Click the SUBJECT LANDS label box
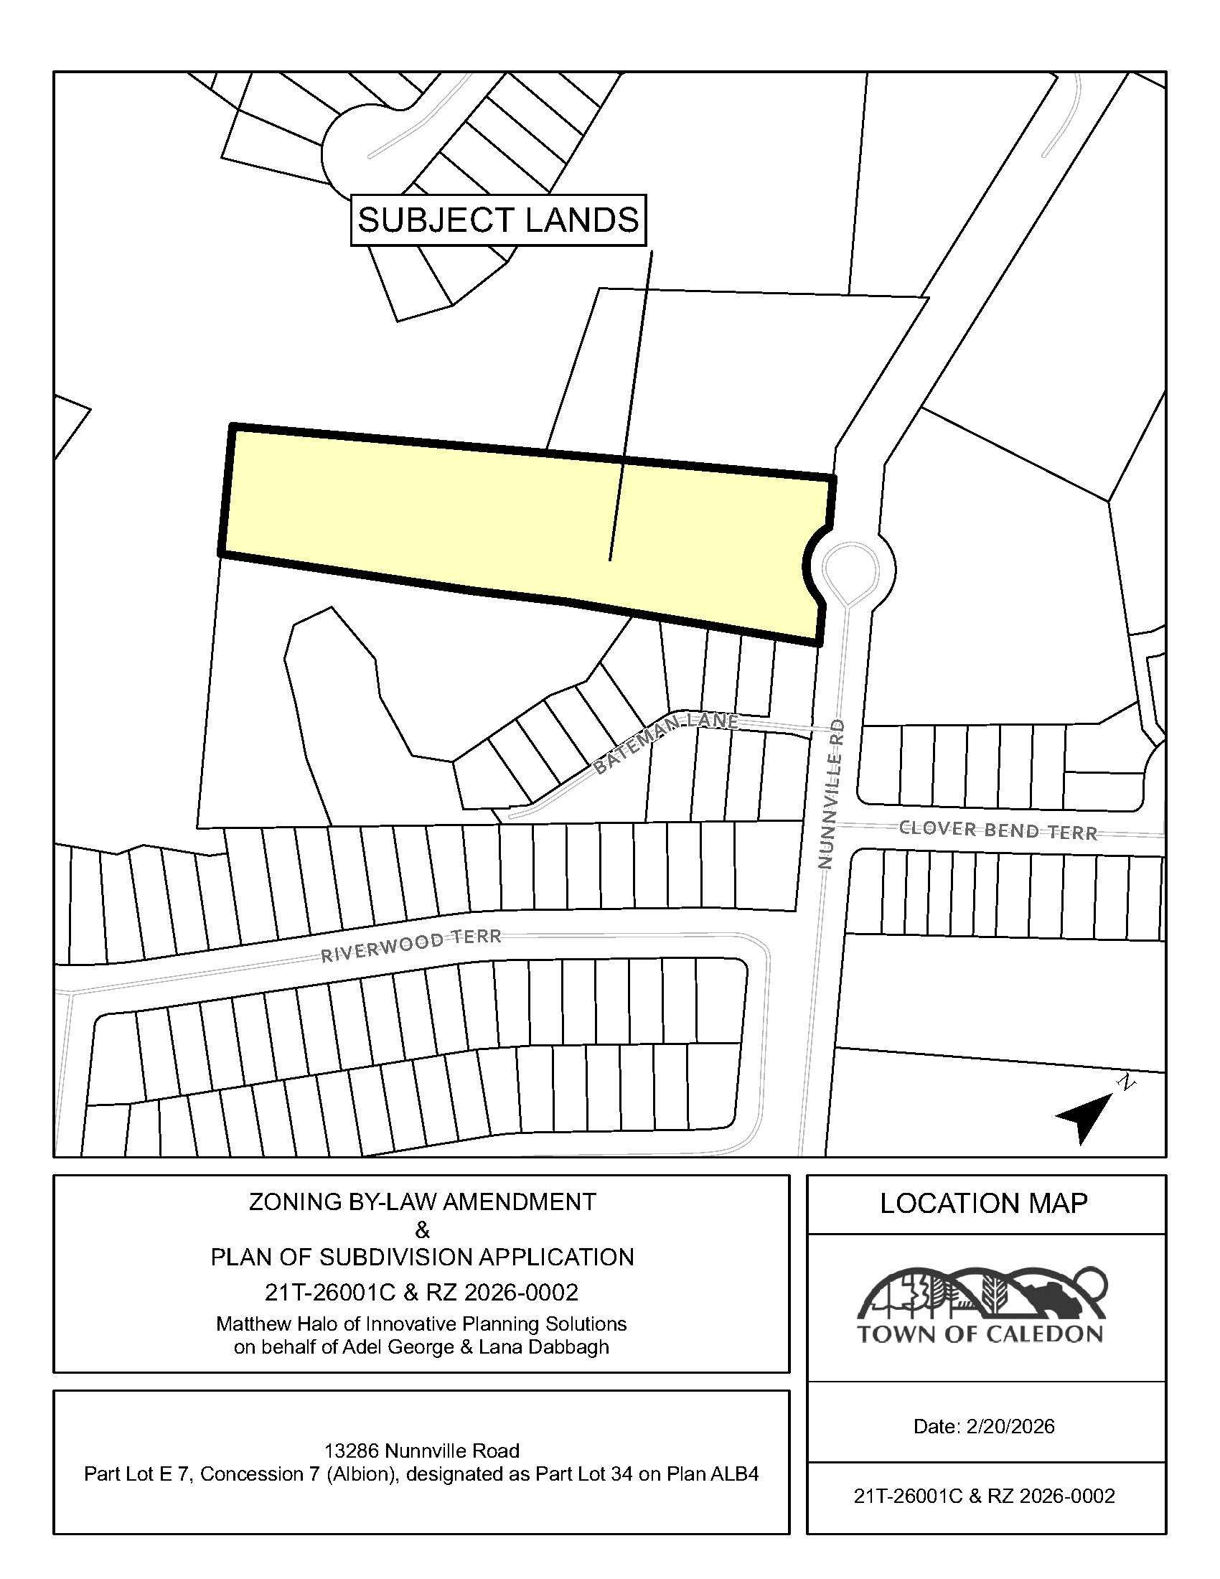tap(498, 220)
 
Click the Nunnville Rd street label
tap(832, 794)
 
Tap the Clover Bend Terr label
tap(998, 830)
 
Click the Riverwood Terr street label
tap(410, 945)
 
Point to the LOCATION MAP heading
tap(984, 1204)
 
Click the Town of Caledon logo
tap(981, 1306)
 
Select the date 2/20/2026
tap(1010, 1426)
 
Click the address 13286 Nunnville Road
tap(421, 1451)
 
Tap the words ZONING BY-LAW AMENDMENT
tap(422, 1201)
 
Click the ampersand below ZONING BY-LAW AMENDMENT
tap(422, 1229)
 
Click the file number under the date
tap(984, 1496)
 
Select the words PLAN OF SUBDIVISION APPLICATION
tap(422, 1257)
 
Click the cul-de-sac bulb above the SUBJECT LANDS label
tap(354, 149)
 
